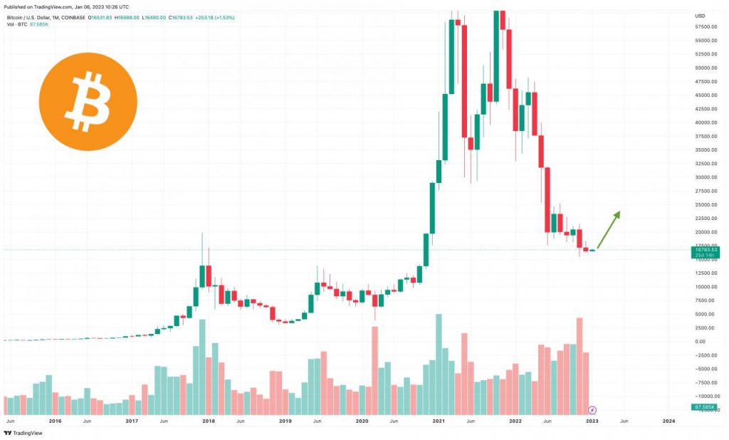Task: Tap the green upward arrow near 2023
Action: [x=609, y=229]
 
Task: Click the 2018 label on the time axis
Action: [x=209, y=421]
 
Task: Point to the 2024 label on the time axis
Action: [x=668, y=421]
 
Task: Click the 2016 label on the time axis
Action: [x=55, y=421]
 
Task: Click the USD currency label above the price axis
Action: [x=699, y=15]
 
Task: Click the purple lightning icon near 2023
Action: [x=592, y=410]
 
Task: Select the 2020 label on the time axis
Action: [x=362, y=421]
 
